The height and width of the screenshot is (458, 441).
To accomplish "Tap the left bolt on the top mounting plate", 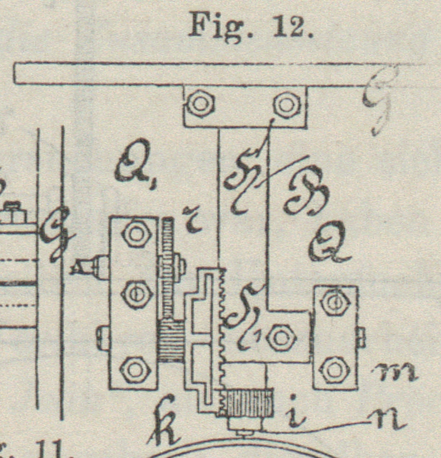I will click(x=198, y=105).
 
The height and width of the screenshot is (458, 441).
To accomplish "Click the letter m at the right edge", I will click(x=396, y=371).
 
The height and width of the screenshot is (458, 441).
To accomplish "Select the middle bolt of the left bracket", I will click(x=135, y=295).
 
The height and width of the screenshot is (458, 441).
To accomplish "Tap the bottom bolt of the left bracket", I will click(x=134, y=367).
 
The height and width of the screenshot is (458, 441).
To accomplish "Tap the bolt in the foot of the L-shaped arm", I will click(x=279, y=338).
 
